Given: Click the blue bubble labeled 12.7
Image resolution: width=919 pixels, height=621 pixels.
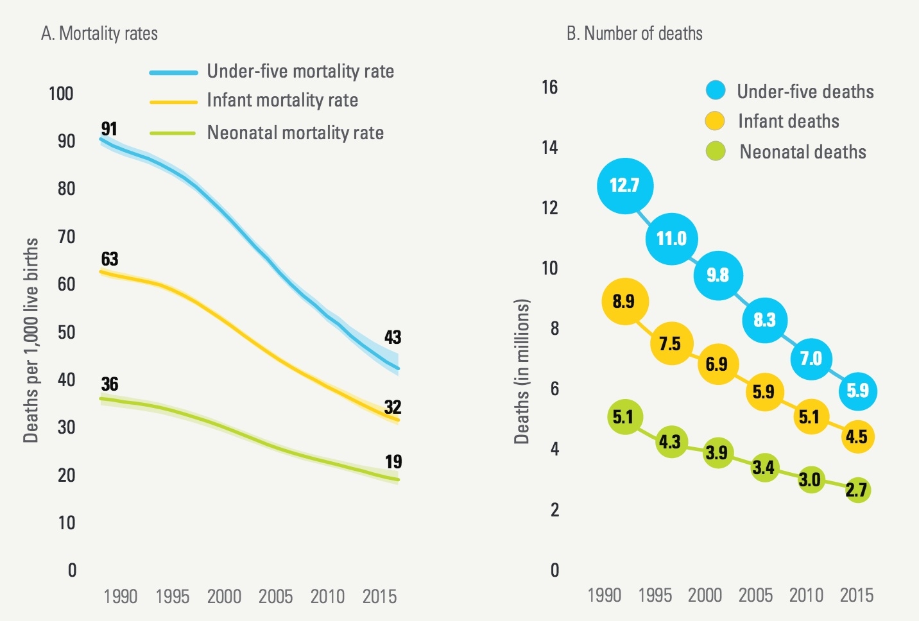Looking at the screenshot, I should tap(625, 186).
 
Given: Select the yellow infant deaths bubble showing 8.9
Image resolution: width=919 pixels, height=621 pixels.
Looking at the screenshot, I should tap(625, 302).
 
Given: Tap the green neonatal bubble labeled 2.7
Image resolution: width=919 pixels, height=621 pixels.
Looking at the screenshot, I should tap(857, 490).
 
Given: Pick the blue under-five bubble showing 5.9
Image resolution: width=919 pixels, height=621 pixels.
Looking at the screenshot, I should tap(857, 391).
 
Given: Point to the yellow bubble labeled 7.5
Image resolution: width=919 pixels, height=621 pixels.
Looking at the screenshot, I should tap(671, 344).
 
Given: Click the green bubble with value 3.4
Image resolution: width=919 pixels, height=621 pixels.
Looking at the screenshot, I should tap(764, 467).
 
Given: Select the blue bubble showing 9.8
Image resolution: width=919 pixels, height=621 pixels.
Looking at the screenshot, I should tap(717, 275).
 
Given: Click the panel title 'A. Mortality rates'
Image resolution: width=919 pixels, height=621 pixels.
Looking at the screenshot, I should tap(99, 33).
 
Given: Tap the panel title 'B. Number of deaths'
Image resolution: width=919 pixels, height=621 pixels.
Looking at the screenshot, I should tap(634, 33).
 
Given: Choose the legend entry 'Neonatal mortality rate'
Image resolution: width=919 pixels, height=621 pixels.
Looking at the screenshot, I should tap(295, 133).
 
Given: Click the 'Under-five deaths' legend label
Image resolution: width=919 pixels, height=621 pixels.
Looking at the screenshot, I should tap(805, 92).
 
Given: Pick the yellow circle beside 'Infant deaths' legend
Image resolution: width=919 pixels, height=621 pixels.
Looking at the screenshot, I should tap(715, 121).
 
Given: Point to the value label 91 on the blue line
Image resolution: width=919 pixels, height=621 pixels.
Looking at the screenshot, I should tap(109, 129).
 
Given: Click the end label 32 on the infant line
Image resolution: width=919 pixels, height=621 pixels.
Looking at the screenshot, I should tap(393, 407).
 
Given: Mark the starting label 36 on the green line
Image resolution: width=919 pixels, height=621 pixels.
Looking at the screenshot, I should tap(110, 384).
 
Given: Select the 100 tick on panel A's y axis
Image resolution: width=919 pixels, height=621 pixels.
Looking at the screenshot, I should tap(61, 94).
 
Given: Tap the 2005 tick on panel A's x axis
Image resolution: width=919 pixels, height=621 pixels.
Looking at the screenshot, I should tap(275, 597).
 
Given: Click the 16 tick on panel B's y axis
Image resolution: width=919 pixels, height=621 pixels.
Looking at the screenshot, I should tap(549, 87).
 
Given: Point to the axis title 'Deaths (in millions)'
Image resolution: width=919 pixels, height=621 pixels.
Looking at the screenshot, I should tap(522, 371).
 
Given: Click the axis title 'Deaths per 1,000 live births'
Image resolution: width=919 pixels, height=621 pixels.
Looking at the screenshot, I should tap(31, 340).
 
